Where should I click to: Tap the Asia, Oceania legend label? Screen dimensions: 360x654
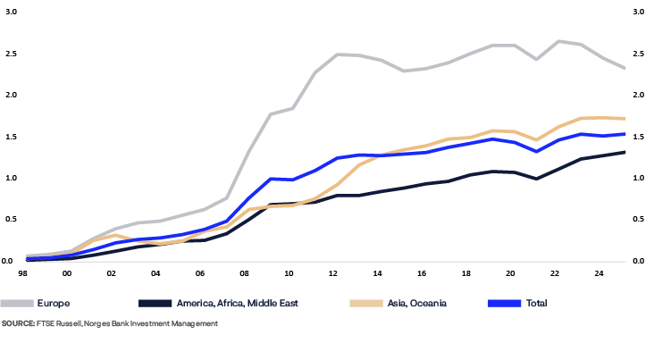coord(416,304)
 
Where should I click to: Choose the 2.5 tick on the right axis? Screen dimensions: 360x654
coord(638,54)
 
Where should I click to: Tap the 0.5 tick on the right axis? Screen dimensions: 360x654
coord(638,219)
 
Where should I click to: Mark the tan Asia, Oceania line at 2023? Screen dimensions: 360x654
coord(581,118)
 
